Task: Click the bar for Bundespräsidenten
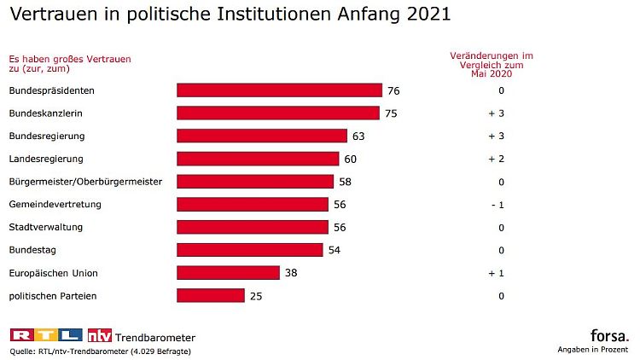tap(279, 90)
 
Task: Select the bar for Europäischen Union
tap(228, 273)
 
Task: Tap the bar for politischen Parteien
tap(211, 296)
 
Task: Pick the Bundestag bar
tap(250, 250)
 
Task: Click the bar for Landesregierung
tap(258, 159)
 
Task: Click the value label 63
tap(358, 136)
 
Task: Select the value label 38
tap(291, 273)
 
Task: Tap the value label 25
tap(256, 296)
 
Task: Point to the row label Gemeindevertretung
tap(55, 205)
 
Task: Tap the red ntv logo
tap(101, 334)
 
